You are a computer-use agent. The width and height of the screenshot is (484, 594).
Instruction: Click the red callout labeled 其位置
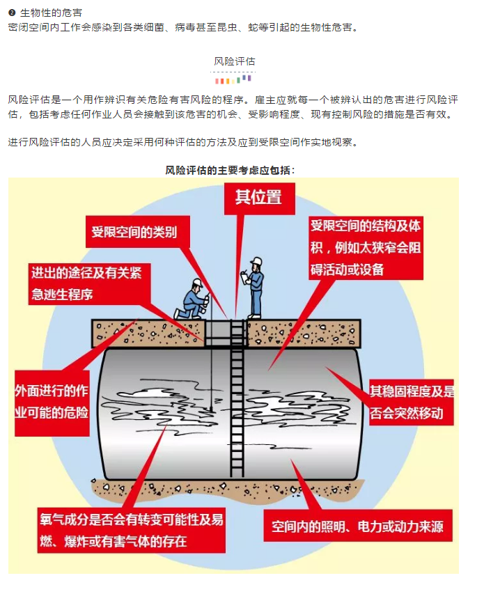(x=258, y=197)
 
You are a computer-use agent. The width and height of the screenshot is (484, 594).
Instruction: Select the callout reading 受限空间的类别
(x=134, y=232)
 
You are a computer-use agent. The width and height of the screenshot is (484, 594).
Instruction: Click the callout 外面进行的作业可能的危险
(x=52, y=401)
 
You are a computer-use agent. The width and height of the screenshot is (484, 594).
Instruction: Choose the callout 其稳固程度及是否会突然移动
(x=412, y=402)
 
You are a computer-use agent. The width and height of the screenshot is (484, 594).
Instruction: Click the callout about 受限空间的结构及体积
(x=366, y=247)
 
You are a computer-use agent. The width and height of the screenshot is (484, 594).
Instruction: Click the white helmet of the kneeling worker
(x=197, y=283)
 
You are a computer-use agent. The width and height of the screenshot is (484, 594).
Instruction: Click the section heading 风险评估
(x=234, y=62)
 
